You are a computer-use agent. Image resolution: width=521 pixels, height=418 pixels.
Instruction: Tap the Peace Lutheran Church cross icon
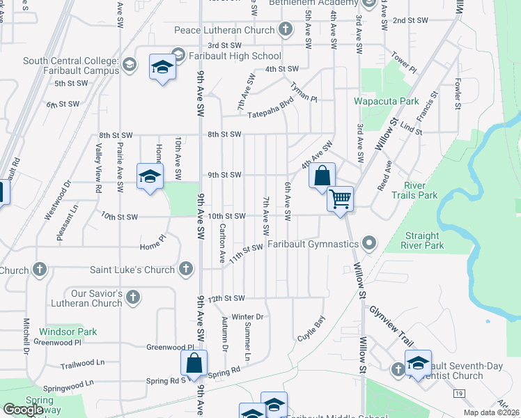point(285,30)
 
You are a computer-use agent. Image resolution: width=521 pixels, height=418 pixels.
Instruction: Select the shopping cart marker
point(341,199)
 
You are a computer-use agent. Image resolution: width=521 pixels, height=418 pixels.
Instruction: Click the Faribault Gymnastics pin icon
point(369,244)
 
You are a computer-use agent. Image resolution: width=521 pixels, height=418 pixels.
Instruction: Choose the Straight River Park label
point(423,240)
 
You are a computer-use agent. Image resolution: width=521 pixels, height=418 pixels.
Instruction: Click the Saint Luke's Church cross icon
point(186,269)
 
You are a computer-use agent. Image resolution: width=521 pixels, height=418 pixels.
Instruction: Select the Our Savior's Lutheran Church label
point(86,297)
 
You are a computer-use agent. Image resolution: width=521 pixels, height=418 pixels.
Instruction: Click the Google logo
point(23,410)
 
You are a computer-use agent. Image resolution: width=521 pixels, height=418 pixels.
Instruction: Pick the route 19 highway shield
point(458,394)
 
